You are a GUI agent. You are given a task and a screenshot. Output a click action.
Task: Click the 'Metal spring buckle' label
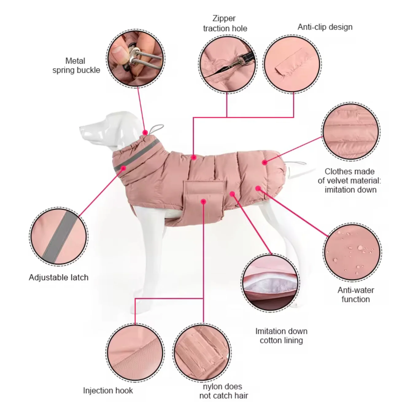coord(76,65)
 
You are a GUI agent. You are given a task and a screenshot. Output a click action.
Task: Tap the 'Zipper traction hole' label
coord(225,23)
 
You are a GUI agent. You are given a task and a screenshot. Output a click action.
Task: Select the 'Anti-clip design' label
coord(325,27)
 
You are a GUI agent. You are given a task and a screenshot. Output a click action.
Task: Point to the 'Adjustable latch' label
coord(59,277)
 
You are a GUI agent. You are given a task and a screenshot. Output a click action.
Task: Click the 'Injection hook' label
coord(108,390)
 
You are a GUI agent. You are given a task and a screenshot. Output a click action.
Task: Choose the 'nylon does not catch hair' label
coord(224,391)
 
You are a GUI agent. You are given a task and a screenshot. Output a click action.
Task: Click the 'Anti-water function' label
coord(356,294)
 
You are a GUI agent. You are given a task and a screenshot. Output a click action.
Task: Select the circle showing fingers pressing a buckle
coord(136,58)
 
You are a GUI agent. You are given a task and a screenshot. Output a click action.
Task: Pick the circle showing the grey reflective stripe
coord(59,236)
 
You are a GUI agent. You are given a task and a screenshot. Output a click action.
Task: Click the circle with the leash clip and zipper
coord(227,64)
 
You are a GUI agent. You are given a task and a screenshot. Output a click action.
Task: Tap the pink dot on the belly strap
coord(203,202)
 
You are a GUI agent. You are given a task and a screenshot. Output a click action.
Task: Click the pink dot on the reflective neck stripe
coord(124,168)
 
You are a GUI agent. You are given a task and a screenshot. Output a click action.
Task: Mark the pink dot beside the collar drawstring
coord(145,133)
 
